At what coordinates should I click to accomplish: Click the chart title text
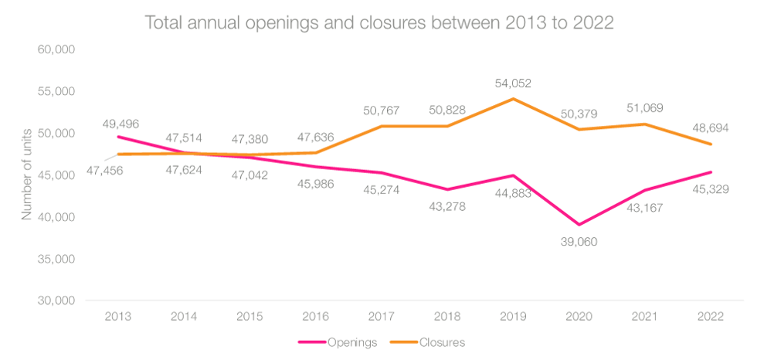379,22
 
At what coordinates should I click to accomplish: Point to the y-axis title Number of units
27,175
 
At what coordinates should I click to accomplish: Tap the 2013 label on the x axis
118,317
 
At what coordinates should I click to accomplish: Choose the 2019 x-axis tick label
513,317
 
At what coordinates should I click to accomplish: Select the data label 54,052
513,83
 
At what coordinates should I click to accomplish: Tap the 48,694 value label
711,126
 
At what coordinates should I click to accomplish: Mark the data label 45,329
711,189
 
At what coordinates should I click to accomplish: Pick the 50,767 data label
382,112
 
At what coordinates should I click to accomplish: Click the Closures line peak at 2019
513,98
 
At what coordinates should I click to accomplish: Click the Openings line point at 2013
118,137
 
